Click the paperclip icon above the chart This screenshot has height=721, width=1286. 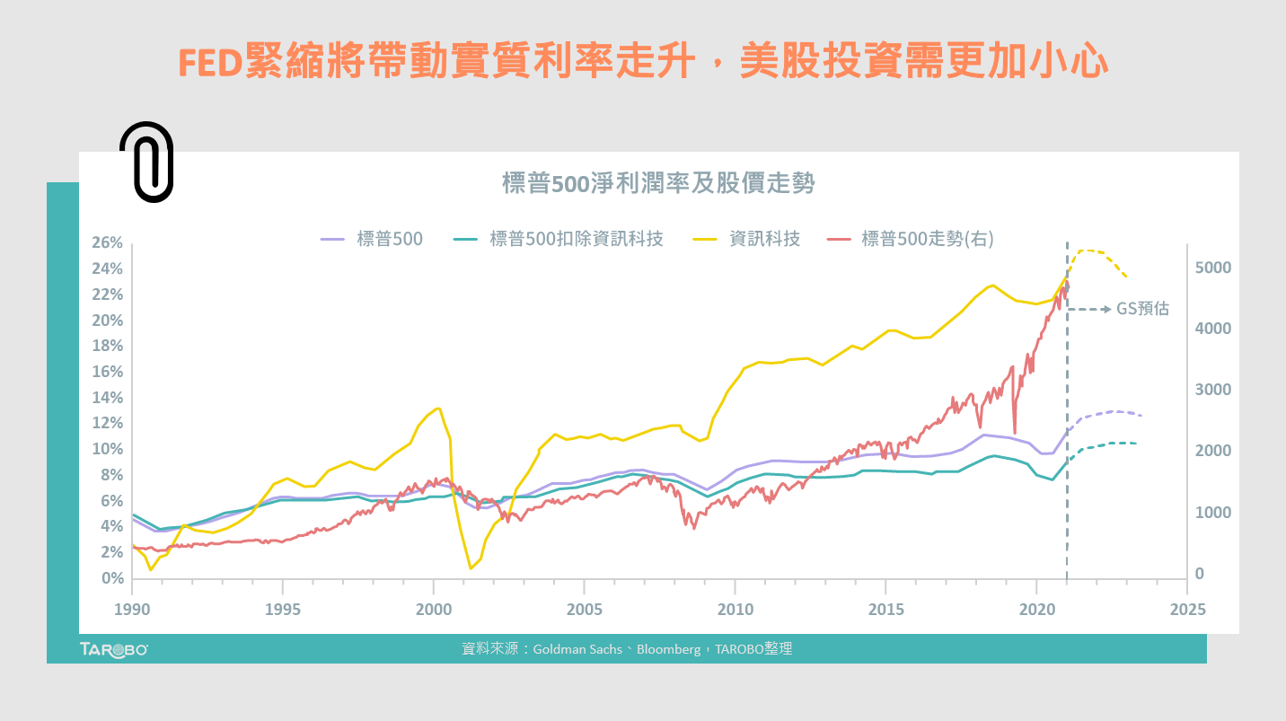point(146,162)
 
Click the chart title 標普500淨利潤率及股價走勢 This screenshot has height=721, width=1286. point(657,184)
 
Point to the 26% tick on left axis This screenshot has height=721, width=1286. point(107,243)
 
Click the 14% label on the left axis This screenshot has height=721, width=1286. point(107,398)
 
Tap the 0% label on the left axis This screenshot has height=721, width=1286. point(110,578)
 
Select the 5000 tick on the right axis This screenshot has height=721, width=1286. point(1212,268)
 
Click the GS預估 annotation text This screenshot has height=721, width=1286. point(1143,309)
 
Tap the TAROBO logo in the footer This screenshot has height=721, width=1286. point(114,649)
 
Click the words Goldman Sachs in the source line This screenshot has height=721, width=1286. point(577,649)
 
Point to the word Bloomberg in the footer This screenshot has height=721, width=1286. point(668,649)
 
